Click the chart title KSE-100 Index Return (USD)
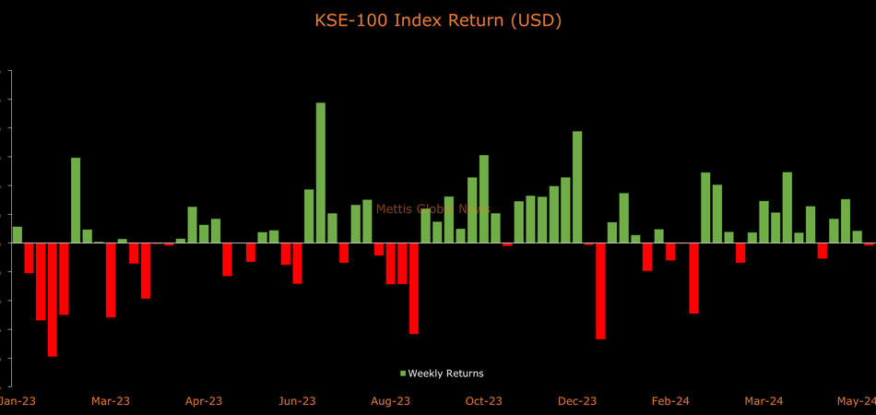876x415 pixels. [x=437, y=19]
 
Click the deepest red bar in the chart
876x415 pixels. [x=53, y=299]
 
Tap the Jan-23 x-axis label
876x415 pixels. [x=17, y=401]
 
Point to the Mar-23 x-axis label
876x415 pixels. [x=111, y=401]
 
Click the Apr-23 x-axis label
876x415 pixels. [x=204, y=401]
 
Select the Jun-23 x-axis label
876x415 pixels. [x=297, y=401]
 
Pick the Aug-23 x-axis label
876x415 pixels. [x=390, y=401]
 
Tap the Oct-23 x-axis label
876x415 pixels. [x=483, y=401]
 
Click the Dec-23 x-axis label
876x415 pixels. [x=577, y=401]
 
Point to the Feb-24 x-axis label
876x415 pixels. [x=670, y=401]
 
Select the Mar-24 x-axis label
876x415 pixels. [x=764, y=401]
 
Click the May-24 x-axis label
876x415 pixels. [x=857, y=401]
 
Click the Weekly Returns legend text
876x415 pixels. [x=445, y=373]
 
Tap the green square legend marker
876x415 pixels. [x=403, y=373]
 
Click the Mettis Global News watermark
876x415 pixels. [x=433, y=209]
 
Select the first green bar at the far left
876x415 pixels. [x=18, y=234]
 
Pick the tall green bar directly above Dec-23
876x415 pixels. [x=577, y=187]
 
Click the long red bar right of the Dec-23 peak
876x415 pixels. [x=600, y=290]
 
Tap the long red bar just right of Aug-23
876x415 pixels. [x=414, y=288]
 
